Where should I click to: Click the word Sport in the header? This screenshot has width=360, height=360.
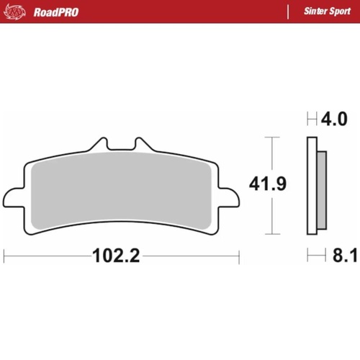click(x=336, y=12)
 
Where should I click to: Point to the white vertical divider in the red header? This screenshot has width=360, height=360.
click(x=288, y=12)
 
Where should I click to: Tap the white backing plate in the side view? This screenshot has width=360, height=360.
click(x=312, y=186)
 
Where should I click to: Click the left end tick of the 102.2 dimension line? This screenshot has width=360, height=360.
click(x=5, y=255)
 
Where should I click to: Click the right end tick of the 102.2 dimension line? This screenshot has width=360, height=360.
click(x=238, y=255)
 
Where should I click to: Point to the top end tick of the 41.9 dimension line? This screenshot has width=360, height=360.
click(x=271, y=137)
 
